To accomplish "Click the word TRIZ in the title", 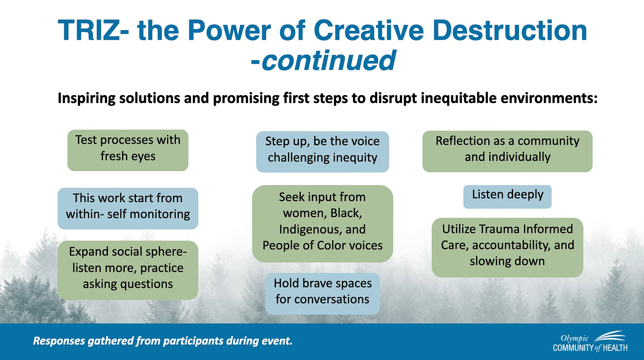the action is click(x=88, y=30).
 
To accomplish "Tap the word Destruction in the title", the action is click(x=510, y=30).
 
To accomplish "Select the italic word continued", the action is click(x=329, y=60).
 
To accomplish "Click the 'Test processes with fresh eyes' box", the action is click(x=128, y=150).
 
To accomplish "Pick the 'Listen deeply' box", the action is click(x=507, y=197).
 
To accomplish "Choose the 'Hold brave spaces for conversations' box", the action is click(x=322, y=294).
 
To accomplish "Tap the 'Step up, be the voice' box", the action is click(x=322, y=152).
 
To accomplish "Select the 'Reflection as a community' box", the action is click(x=507, y=151).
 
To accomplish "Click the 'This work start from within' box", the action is click(x=128, y=208).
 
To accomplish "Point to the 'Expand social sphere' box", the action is click(x=128, y=270).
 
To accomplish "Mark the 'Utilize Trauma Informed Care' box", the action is click(x=507, y=248).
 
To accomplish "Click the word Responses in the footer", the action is click(x=58, y=341).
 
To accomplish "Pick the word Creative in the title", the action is click(x=369, y=30).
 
